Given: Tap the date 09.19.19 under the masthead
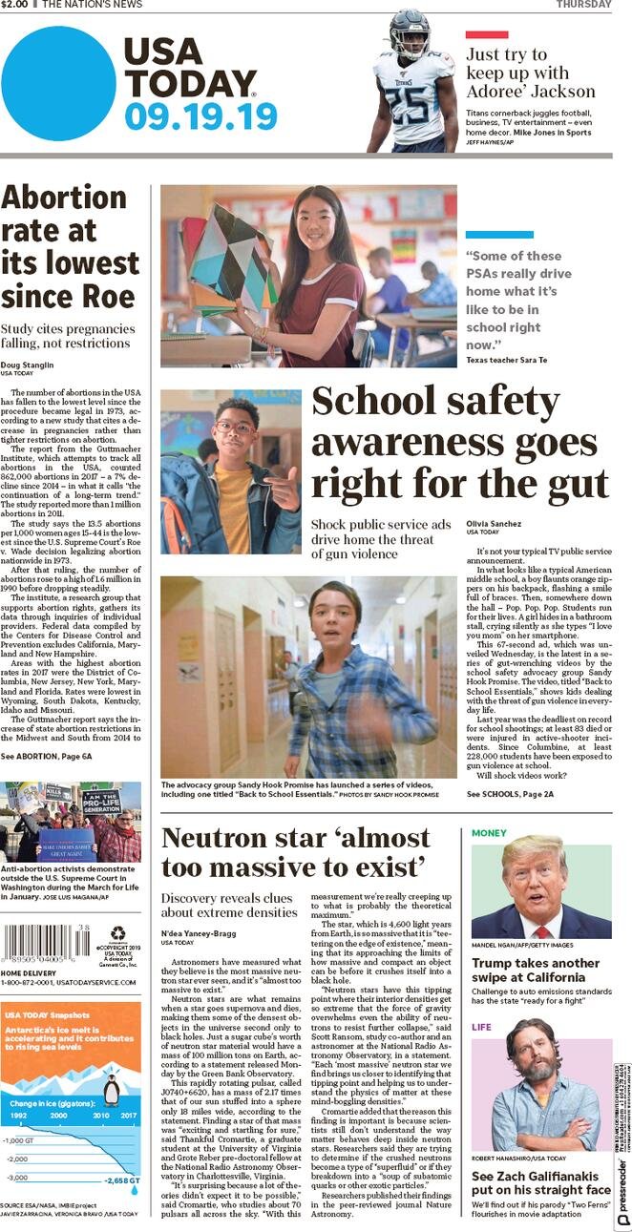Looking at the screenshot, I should click(200, 116).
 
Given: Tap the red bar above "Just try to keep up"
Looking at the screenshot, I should click(486, 34).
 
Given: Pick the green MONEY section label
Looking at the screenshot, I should click(489, 833).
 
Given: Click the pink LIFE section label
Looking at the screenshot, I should click(482, 1028).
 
